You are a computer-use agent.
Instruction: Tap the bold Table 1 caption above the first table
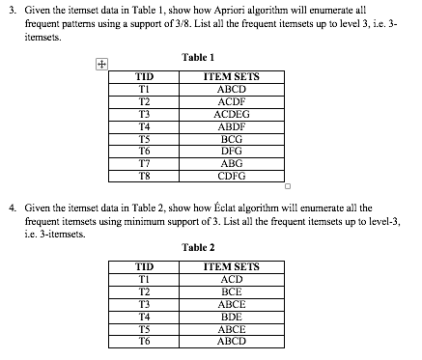click(x=197, y=58)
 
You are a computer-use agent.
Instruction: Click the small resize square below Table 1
click(x=287, y=185)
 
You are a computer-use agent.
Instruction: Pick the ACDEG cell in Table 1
click(x=232, y=113)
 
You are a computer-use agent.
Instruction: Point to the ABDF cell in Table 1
click(x=232, y=125)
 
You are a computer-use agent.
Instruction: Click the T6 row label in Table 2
click(x=145, y=340)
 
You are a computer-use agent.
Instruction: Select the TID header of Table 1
click(x=145, y=76)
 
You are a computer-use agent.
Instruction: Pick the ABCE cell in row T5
click(x=232, y=328)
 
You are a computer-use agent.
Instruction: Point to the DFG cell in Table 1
click(x=232, y=151)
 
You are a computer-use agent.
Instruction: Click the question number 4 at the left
click(x=12, y=208)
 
